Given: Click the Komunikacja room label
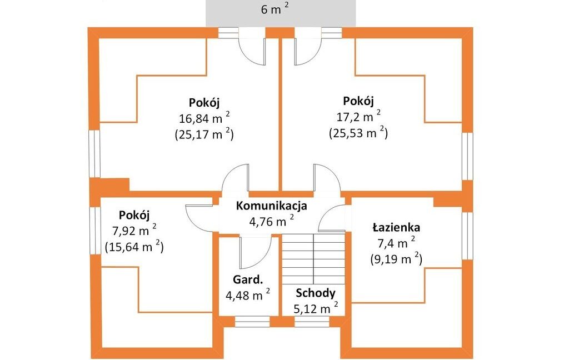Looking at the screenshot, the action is tap(271, 206).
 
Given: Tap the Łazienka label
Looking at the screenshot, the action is tap(396, 228).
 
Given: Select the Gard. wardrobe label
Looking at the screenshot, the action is tap(248, 280).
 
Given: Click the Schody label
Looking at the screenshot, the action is tap(316, 293).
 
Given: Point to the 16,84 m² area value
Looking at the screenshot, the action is tap(204, 118).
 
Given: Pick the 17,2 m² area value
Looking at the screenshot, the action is tap(358, 117).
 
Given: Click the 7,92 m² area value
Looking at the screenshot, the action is tap(134, 231).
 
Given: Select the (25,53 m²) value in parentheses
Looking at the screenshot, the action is tap(358, 133).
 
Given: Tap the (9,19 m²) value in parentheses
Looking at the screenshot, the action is tap(396, 259).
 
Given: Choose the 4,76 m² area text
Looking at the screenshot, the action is tap(271, 221).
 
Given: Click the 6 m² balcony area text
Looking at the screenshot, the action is tap(275, 9).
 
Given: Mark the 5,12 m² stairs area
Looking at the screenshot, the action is tap(316, 308).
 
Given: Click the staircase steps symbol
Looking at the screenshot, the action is tap(313, 259).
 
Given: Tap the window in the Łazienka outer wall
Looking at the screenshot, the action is tap(468, 236).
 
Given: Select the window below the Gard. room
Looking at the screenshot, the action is tap(252, 322).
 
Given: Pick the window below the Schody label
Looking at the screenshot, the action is tap(312, 322).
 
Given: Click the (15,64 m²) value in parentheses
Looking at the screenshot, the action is tap(134, 247).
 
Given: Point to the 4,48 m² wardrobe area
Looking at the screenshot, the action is tap(248, 295).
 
